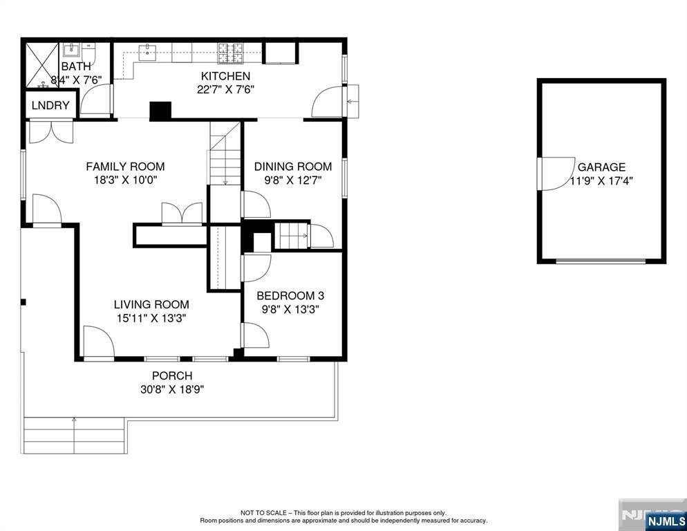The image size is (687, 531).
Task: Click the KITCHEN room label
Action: click(x=225, y=76)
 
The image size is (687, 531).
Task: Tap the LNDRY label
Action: click(x=50, y=105)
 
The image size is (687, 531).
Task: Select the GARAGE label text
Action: click(x=601, y=167)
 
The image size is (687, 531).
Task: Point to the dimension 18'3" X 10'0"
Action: click(x=125, y=180)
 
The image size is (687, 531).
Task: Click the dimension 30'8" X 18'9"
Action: click(x=172, y=389)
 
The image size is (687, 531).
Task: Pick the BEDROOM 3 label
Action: click(x=290, y=296)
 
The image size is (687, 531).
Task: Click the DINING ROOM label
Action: click(x=292, y=167)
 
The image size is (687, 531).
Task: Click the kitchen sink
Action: click(x=148, y=53)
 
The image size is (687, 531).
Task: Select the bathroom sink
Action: click(x=71, y=50)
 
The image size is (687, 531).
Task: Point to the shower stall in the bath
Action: click(x=42, y=65)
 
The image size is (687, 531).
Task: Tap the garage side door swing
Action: click(x=556, y=174)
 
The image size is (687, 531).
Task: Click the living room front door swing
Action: click(x=99, y=342)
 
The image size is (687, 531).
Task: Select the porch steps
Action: click(x=75, y=436)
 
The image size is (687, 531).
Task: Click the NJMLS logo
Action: click(x=666, y=521)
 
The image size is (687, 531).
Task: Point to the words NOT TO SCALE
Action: click(x=263, y=512)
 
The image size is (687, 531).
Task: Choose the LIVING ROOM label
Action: click(x=151, y=304)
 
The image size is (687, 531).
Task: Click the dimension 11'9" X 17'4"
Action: click(x=601, y=180)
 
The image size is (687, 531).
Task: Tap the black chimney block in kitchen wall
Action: click(x=160, y=111)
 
